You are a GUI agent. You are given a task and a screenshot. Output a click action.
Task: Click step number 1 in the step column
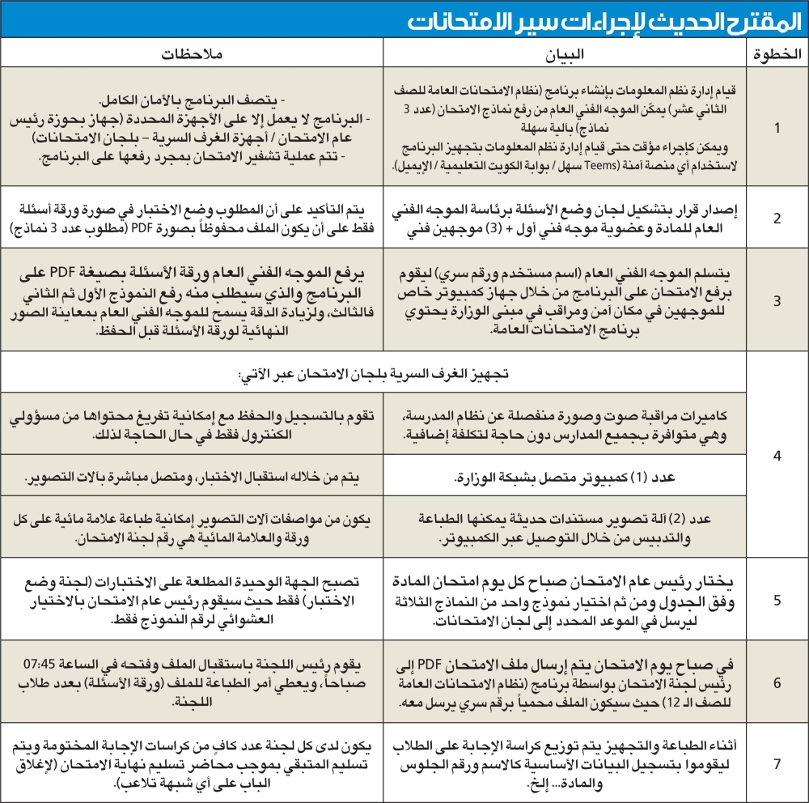pos(777,127)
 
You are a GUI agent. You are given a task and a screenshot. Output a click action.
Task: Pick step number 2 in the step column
pos(777,218)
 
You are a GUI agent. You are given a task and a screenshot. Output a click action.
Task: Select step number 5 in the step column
pos(777,600)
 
